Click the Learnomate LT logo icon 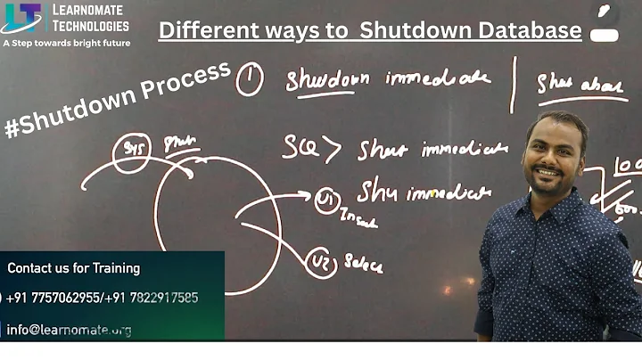pos(21,18)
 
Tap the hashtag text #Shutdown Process pos(117,99)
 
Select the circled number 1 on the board pos(249,82)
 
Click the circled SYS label pos(131,152)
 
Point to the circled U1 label pos(327,200)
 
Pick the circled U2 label pos(322,264)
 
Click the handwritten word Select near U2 pos(363,263)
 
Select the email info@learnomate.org pos(70,330)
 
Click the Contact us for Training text pos(73,268)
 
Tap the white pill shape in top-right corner pos(604,34)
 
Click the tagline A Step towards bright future pos(66,43)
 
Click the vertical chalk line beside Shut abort pos(512,85)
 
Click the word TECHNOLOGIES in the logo pos(90,27)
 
